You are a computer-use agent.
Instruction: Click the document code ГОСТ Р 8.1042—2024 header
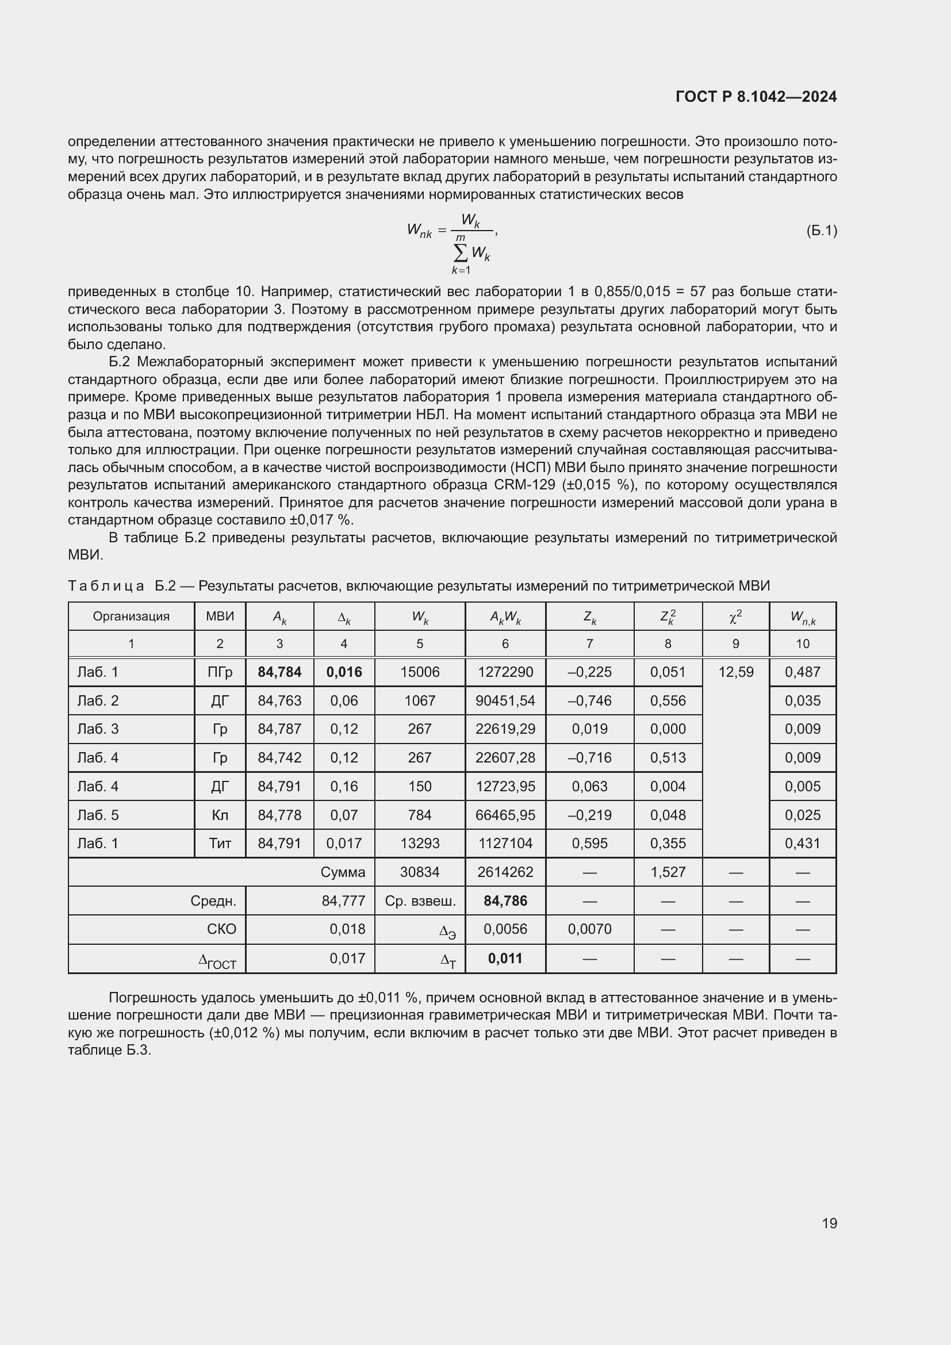756,97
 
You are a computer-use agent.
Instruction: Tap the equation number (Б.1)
821,231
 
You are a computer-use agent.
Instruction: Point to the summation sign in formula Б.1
461,253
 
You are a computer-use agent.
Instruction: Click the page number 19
829,1223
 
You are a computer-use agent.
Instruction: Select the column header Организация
131,616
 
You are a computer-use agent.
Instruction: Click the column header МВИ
220,616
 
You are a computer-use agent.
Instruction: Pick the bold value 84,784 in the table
279,672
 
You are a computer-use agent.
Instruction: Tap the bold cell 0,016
344,672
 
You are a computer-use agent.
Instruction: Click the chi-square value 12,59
735,672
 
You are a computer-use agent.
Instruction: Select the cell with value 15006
419,672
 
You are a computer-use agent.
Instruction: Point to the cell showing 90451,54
505,700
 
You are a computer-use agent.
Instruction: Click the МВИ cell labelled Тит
220,844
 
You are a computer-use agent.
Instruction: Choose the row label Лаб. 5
98,815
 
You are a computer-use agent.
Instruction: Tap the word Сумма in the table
343,872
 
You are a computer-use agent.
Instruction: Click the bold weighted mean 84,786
505,901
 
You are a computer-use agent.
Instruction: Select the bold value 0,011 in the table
505,959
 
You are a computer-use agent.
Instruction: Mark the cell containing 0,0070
589,929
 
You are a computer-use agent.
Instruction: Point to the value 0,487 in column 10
802,672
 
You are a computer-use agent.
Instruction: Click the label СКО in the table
221,929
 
